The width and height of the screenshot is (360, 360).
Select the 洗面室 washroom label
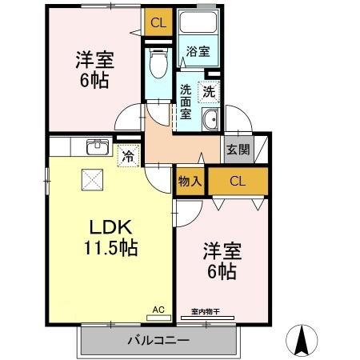click(x=186, y=101)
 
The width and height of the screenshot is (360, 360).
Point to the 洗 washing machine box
click(x=209, y=91)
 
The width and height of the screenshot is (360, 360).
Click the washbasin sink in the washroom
click(x=210, y=122)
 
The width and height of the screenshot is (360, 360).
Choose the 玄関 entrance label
click(x=237, y=148)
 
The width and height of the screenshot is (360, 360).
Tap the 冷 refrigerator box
click(x=127, y=157)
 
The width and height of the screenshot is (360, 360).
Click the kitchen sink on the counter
click(x=97, y=146)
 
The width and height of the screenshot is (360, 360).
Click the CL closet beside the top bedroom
click(x=158, y=22)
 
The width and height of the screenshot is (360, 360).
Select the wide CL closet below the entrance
click(x=238, y=181)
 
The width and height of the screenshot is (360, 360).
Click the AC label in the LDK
click(x=158, y=309)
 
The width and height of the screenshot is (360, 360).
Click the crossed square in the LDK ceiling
click(x=90, y=179)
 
